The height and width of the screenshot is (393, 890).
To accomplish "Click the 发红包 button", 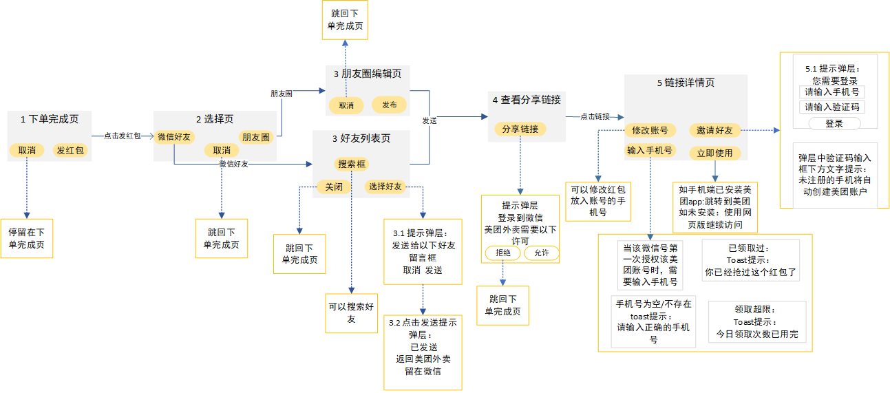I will pyautogui.click(x=72, y=149).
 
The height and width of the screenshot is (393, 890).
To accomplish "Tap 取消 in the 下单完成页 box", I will pyautogui.click(x=27, y=149).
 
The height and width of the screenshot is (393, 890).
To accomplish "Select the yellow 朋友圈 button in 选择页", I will pyautogui.click(x=255, y=137).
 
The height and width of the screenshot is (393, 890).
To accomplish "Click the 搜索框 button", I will pyautogui.click(x=352, y=164).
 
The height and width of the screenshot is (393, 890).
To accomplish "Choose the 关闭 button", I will pyautogui.click(x=334, y=187).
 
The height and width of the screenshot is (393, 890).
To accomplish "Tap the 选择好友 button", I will pyautogui.click(x=385, y=187).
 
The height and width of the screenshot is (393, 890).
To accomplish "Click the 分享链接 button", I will pyautogui.click(x=520, y=129).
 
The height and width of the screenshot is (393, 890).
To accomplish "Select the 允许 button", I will pyautogui.click(x=542, y=253).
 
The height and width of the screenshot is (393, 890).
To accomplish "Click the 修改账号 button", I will pyautogui.click(x=650, y=130).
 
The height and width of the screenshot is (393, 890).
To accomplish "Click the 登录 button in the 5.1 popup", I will pyautogui.click(x=834, y=123).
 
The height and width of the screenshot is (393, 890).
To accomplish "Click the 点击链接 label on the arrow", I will pyautogui.click(x=595, y=116).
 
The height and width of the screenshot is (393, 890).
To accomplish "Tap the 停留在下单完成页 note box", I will pyautogui.click(x=27, y=238).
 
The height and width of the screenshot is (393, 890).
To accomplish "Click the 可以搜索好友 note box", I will pyautogui.click(x=351, y=313).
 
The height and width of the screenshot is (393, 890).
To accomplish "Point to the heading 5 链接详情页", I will pyautogui.click(x=686, y=83).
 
